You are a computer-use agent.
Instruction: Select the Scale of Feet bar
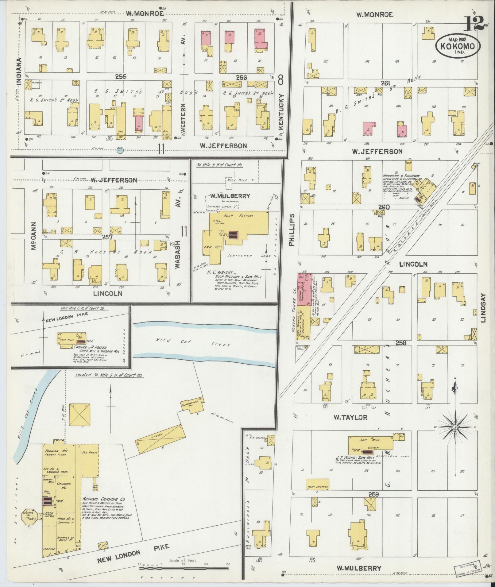pyautogui.click(x=183, y=568)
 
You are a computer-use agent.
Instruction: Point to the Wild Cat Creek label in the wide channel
pyautogui.click(x=193, y=342)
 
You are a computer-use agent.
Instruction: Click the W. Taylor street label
pyautogui.click(x=350, y=417)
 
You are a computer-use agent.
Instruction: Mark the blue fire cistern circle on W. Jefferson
pyautogui.click(x=120, y=149)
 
